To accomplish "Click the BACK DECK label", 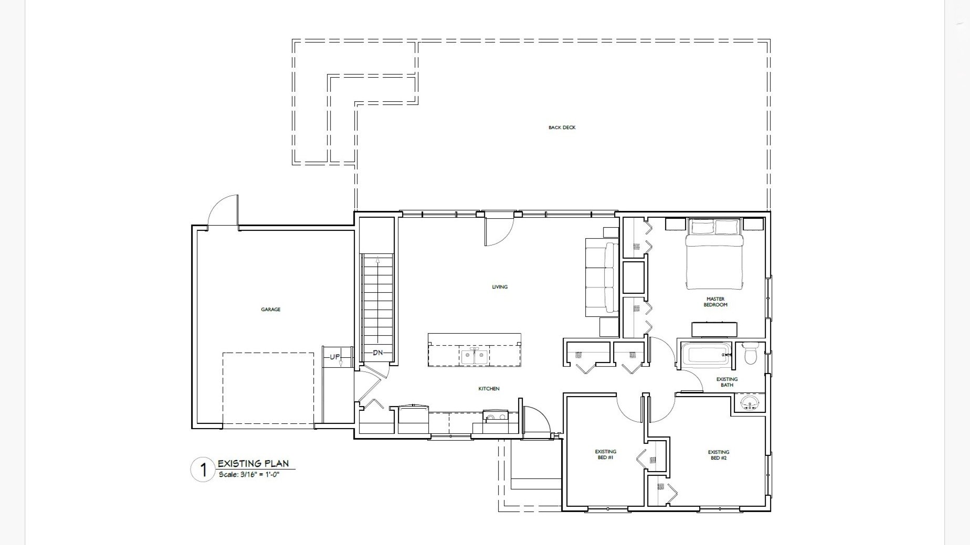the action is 562,127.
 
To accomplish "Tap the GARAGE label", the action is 270,309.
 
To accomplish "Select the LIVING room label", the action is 500,287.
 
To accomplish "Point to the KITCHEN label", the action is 489,389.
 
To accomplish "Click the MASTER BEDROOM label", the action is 715,302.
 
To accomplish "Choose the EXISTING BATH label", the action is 727,382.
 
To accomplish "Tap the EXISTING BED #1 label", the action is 605,454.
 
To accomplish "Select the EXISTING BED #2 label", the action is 719,455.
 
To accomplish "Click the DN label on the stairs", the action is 377,353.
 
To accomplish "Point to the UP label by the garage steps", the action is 335,357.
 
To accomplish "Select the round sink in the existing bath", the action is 750,403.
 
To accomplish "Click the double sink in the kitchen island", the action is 475,356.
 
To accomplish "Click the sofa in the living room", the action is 602,277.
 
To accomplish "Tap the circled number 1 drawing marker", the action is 202,470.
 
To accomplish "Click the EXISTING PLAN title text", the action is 253,463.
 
